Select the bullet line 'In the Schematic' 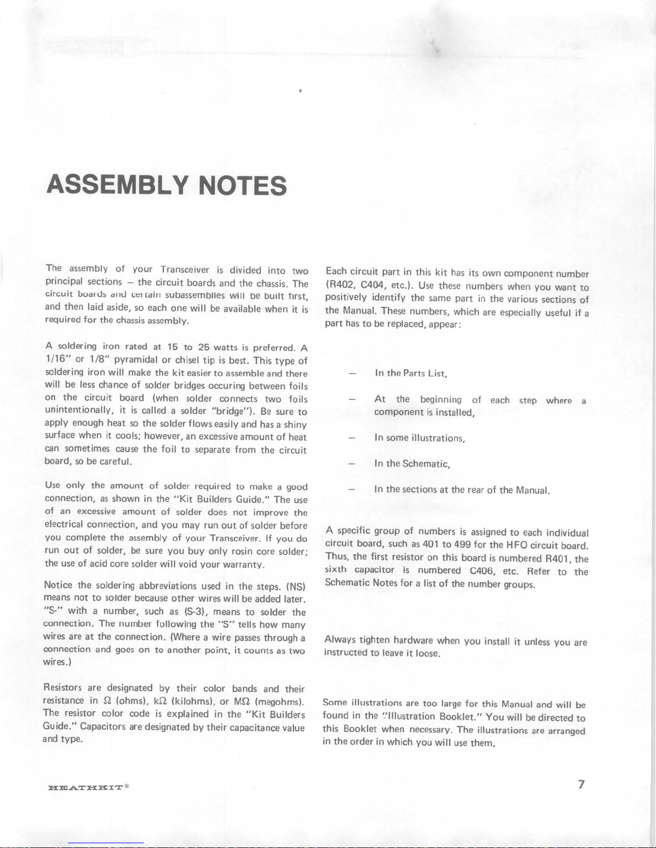click(412, 464)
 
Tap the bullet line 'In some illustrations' click(419, 438)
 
